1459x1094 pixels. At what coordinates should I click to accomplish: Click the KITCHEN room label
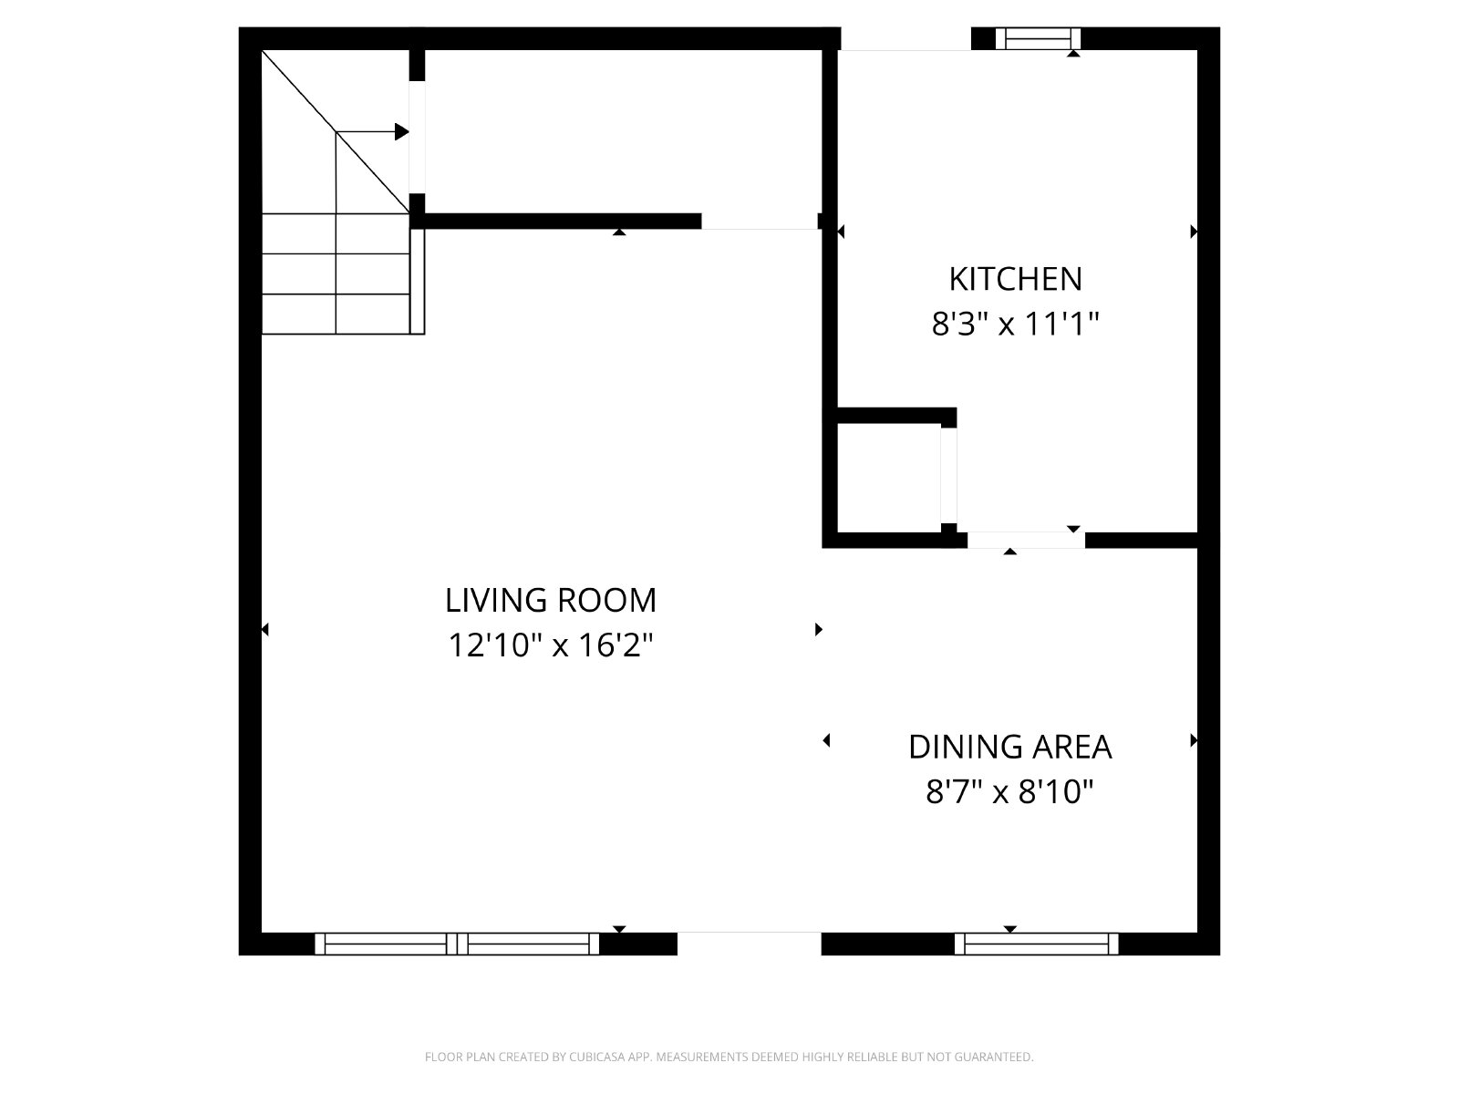tap(1015, 279)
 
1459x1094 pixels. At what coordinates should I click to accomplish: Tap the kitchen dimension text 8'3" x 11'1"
tap(1015, 325)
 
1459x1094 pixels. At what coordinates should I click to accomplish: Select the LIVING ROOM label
tap(551, 601)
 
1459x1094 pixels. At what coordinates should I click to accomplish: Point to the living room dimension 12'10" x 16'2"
tap(551, 645)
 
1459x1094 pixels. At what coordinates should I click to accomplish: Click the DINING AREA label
tap(1009, 748)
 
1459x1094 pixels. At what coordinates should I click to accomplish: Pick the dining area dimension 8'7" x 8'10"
tap(1009, 791)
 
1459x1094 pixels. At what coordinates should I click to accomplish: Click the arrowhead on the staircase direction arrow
tap(401, 131)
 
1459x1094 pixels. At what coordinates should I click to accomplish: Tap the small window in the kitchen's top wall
tap(1038, 38)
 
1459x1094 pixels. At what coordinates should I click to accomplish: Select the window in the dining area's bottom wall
tap(1036, 944)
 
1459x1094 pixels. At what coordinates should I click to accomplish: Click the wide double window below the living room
tap(457, 944)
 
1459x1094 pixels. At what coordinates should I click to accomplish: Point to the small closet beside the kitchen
tap(888, 478)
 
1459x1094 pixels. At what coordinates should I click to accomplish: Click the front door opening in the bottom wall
tap(750, 944)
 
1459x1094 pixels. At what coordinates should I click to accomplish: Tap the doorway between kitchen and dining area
tap(1026, 540)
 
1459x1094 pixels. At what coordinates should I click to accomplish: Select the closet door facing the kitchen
tap(948, 476)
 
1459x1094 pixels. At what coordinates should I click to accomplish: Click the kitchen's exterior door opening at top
tap(905, 38)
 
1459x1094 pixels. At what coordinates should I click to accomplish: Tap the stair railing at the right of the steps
tap(417, 281)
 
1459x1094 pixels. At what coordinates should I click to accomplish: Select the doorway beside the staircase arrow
tap(417, 137)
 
